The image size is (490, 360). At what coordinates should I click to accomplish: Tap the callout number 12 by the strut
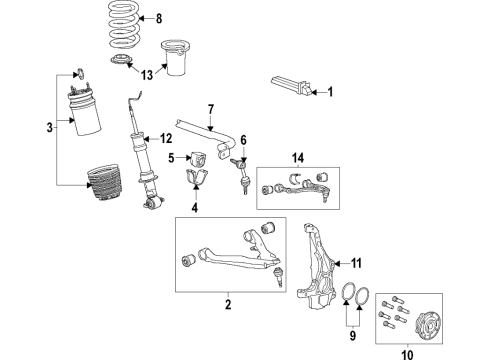(x=166, y=137)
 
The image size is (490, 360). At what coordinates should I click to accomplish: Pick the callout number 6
(x=241, y=140)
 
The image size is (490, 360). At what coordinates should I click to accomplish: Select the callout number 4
(x=195, y=208)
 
